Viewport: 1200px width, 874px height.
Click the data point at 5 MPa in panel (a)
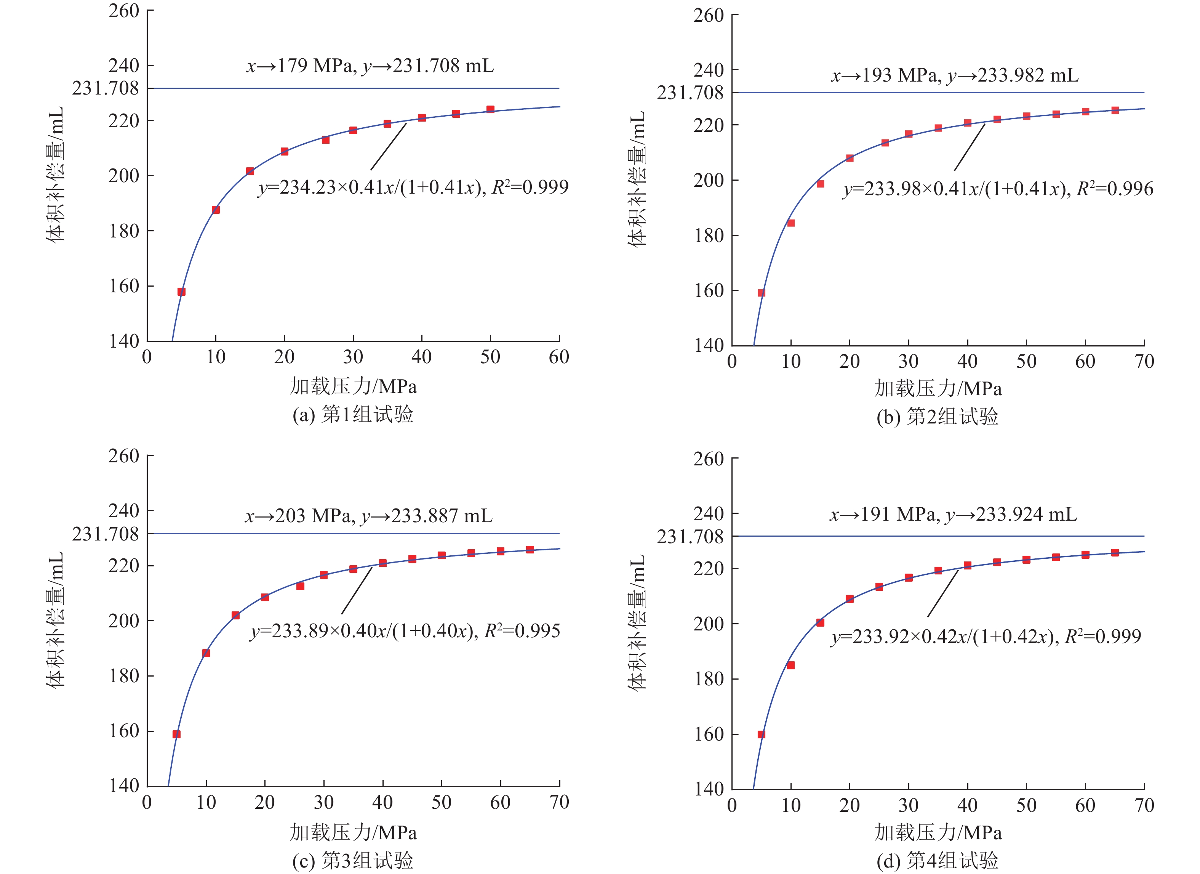(181, 292)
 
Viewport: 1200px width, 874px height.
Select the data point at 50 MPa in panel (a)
(491, 109)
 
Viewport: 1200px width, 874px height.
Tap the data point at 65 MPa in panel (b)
(1115, 110)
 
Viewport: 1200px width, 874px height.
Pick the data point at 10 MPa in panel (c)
(206, 653)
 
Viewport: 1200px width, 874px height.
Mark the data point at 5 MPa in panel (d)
(762, 734)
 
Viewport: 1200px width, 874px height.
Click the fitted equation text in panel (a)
(413, 188)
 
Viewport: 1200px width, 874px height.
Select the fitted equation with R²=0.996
(998, 189)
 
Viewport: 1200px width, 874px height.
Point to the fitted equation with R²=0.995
(405, 631)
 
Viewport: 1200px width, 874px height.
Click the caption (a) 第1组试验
(353, 414)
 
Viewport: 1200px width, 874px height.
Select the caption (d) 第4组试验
(938, 861)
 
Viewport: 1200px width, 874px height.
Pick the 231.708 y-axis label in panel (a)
(105, 88)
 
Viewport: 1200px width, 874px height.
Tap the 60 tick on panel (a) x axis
(559, 357)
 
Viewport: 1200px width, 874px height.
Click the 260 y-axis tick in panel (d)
(709, 459)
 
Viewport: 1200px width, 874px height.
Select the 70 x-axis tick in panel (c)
(559, 803)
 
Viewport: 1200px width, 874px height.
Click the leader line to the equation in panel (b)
(969, 147)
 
